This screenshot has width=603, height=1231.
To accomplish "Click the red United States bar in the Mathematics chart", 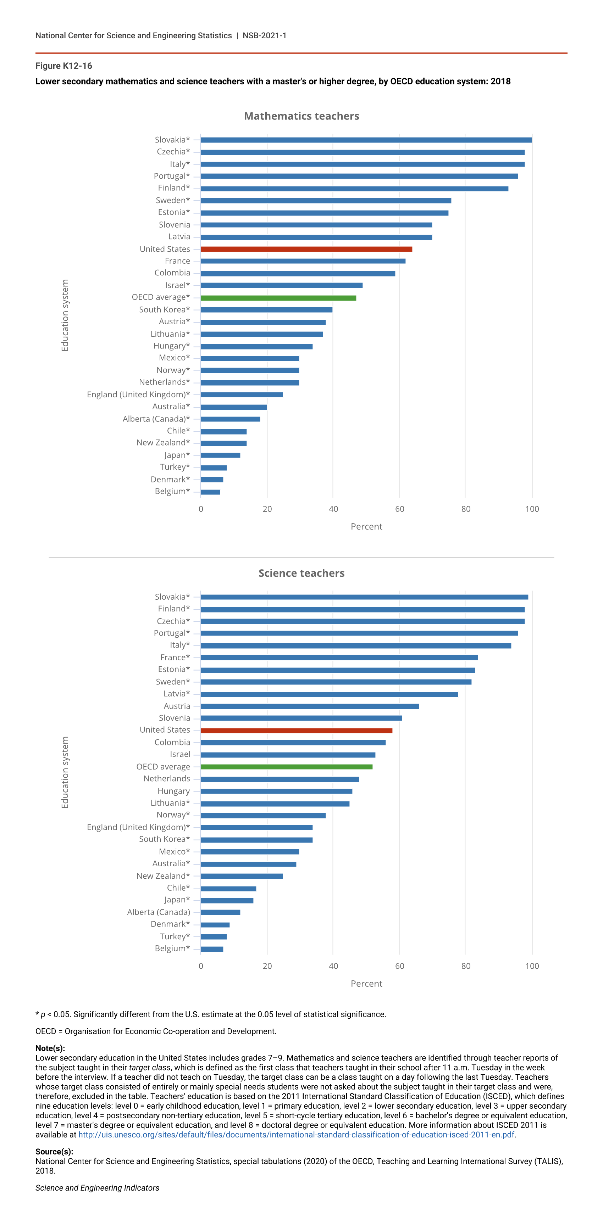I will pyautogui.click(x=306, y=249).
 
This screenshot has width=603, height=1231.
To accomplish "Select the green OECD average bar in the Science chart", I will pyautogui.click(x=287, y=767).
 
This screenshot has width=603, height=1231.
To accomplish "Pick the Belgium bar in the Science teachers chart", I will pyautogui.click(x=212, y=949).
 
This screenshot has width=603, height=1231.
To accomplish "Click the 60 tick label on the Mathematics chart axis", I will pyautogui.click(x=399, y=509).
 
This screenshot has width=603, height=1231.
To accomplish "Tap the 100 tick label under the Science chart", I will pyautogui.click(x=532, y=966).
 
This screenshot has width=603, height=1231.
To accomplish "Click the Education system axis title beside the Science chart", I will pyautogui.click(x=65, y=772).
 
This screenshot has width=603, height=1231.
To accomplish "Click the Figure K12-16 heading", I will pyautogui.click(x=63, y=66).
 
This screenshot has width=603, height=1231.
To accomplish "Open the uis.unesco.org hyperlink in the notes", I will pyautogui.click(x=297, y=1135).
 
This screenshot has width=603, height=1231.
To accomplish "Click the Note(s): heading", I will pyautogui.click(x=50, y=1048).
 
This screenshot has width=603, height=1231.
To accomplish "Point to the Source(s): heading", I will pyautogui.click(x=54, y=1151).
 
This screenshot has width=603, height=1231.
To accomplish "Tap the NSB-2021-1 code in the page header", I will pyautogui.click(x=265, y=35).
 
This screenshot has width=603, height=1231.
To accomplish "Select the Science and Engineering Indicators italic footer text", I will pyautogui.click(x=97, y=1187).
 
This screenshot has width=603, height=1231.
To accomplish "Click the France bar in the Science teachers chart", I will pyautogui.click(x=339, y=658).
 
